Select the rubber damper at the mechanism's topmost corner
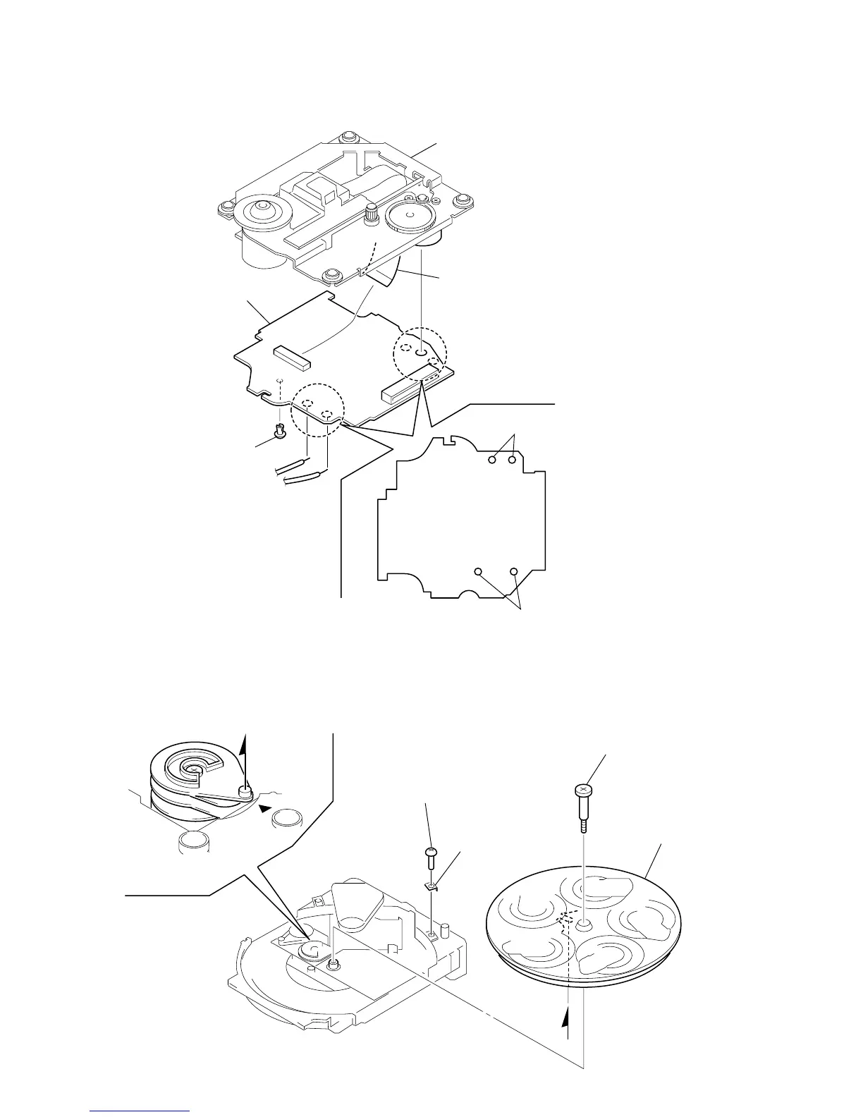(x=347, y=138)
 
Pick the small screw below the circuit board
(x=280, y=432)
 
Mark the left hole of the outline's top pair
(x=494, y=460)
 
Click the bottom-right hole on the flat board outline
(x=514, y=570)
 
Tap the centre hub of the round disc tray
(x=584, y=924)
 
